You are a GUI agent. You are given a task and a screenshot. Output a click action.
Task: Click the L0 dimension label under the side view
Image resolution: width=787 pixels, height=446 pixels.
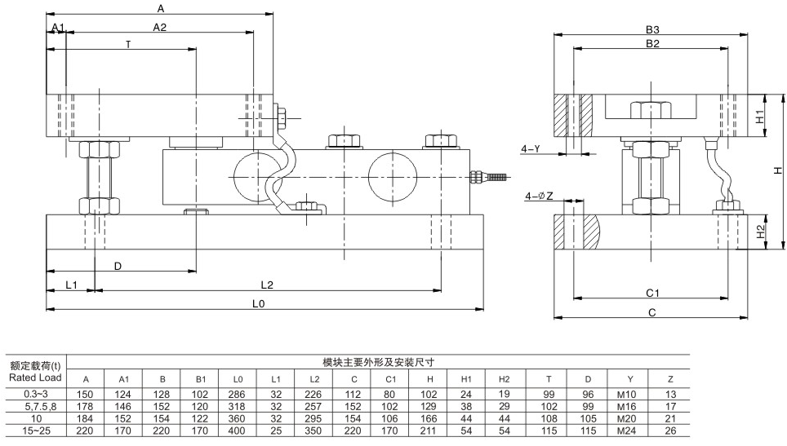259,302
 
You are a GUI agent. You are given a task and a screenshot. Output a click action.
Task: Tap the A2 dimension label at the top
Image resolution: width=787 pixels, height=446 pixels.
160,27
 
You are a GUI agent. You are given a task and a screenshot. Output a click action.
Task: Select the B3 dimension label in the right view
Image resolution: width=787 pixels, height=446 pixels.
651,29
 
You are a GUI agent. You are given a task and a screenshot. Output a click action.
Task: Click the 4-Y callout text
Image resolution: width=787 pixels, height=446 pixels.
531,148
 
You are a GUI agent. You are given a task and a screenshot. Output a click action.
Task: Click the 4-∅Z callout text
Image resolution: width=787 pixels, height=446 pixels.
539,197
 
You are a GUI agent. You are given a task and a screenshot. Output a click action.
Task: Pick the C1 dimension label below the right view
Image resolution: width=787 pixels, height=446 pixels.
652,292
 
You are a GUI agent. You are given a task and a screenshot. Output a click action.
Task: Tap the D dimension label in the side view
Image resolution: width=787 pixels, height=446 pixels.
118,266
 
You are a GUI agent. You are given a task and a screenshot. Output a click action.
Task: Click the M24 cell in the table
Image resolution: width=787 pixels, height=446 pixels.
625,430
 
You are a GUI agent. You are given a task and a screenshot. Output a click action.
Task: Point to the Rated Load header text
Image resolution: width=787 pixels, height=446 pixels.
34,378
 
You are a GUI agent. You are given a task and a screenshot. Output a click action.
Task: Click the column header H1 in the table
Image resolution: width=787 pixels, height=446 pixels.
466,379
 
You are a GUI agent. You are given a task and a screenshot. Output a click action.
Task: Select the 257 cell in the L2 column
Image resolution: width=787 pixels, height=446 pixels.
314,406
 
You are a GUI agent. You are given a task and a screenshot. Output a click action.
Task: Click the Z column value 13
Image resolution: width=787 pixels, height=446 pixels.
670,395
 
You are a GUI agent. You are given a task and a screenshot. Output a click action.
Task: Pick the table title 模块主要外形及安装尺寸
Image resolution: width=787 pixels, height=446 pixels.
376,361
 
